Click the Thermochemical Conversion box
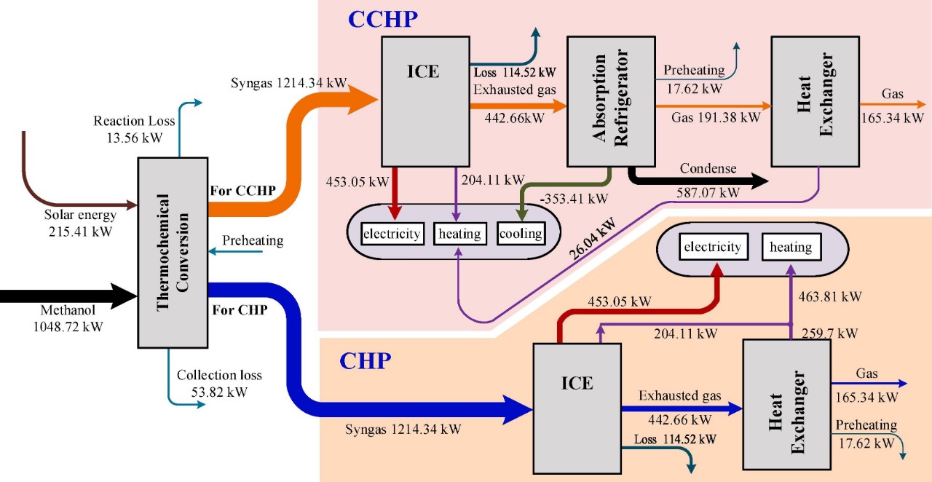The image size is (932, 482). coord(173,252)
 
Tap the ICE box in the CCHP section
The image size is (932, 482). coord(424,102)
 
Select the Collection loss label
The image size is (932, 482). coord(219,376)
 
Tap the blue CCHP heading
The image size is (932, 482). coord(383,19)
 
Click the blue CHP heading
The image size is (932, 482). coord(366,360)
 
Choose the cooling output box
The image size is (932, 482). coord(521,234)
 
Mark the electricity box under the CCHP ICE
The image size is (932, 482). coord(392,234)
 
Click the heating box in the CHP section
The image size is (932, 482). coord(791,248)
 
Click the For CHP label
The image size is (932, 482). coord(239,309)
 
